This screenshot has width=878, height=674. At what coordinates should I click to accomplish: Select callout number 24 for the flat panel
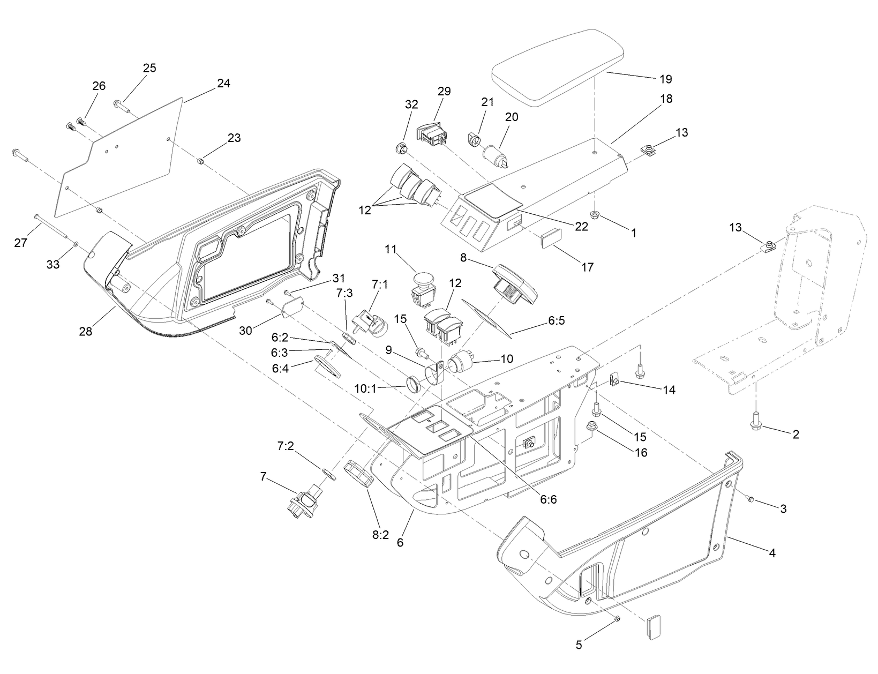(223, 84)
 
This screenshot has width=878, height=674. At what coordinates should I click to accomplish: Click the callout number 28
(86, 331)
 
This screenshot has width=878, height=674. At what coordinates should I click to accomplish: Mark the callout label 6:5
(556, 320)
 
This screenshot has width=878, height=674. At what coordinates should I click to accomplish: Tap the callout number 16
(641, 452)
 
